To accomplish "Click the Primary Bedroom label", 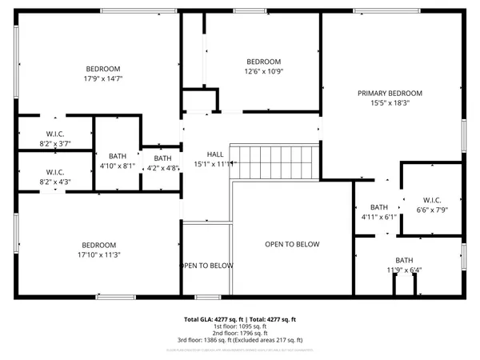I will point(390,94).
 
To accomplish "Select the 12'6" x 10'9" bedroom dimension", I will point(263,72).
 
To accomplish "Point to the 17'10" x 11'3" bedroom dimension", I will point(99,255).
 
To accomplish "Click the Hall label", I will point(215,154).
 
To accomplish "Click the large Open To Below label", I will point(292,244).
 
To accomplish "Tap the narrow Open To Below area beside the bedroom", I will point(206,266).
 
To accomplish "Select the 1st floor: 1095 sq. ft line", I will point(240,326).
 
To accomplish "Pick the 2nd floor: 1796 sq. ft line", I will point(240,333).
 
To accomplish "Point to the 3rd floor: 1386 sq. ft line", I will point(240,340).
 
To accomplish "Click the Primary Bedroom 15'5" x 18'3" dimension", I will point(390,103).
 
